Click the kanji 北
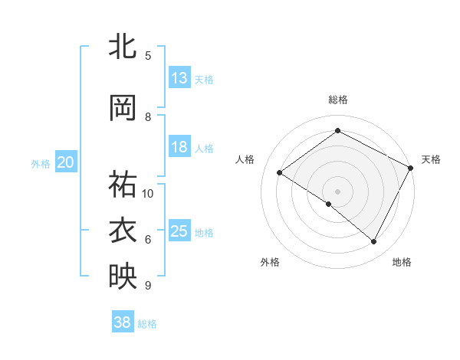pos(123,47)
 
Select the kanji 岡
pos(123,109)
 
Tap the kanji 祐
pos(123,185)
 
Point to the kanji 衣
pos(123,230)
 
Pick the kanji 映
pos(123,276)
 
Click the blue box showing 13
pos(179,78)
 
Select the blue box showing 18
pos(179,147)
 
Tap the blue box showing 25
pos(179,231)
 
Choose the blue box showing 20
pos(66,162)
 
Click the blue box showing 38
pos(123,323)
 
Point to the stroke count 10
pos(148,193)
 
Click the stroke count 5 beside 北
pos(148,56)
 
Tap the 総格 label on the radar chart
pos(337,100)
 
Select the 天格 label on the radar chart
pos(431,159)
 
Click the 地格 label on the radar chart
pos(402,262)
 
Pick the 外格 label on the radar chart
pos(270,262)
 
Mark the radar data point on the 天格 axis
pos(410,167)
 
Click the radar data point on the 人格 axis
pos(280,173)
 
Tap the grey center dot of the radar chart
pos(337,191)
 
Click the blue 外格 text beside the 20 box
pos(40,163)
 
